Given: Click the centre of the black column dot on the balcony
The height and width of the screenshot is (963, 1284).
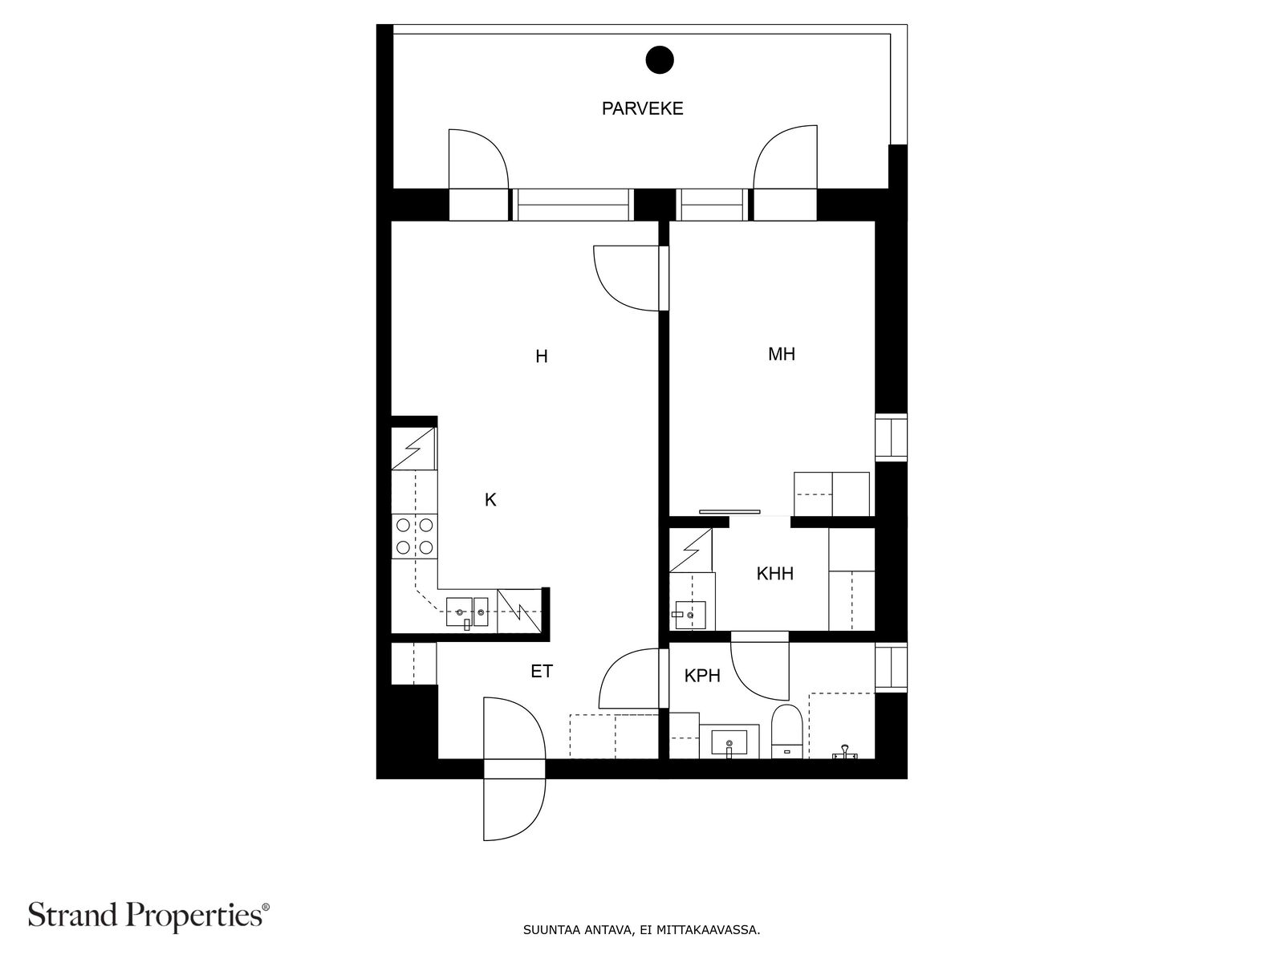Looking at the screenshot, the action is pyautogui.click(x=660, y=59).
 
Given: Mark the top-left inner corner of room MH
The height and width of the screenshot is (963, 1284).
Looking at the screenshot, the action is pyautogui.click(x=669, y=221).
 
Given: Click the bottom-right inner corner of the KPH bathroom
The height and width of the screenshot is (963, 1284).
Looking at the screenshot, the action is pyautogui.click(x=875, y=758).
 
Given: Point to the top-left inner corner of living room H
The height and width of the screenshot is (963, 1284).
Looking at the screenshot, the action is pyautogui.click(x=392, y=221).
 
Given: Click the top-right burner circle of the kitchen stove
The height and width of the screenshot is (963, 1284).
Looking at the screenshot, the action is pyautogui.click(x=426, y=525).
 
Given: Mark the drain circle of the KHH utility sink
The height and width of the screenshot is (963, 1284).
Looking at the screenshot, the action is pyautogui.click(x=691, y=615).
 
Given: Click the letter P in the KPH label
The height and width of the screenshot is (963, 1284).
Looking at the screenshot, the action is pyautogui.click(x=702, y=676).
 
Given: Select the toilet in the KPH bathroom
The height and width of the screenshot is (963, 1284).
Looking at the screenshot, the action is pyautogui.click(x=786, y=731).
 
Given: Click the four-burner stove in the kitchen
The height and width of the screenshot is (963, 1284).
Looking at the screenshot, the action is pyautogui.click(x=415, y=536).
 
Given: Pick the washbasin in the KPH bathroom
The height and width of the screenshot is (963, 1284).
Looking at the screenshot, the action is pyautogui.click(x=729, y=742).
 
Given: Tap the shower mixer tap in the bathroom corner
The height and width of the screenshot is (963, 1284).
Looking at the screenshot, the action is pyautogui.click(x=844, y=752).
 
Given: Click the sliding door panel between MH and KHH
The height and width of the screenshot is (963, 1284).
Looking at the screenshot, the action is pyautogui.click(x=729, y=512).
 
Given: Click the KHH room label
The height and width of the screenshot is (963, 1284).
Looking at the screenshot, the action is pyautogui.click(x=774, y=574).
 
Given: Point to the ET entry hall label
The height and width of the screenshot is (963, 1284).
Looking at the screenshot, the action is pyautogui.click(x=542, y=671).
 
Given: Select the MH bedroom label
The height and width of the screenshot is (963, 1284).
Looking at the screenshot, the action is pyautogui.click(x=782, y=355).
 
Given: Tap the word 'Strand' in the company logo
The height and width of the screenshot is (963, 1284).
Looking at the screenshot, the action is pyautogui.click(x=74, y=915).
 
